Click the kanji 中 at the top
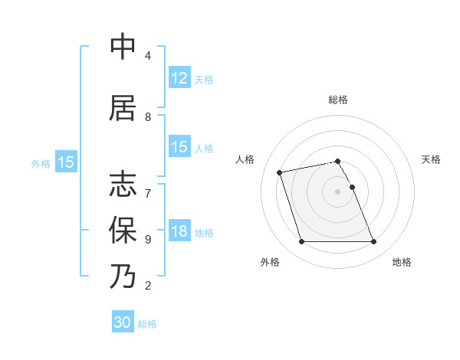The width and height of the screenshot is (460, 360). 123,47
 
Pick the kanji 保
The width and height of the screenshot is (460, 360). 123,229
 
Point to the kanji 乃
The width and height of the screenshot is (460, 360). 123,276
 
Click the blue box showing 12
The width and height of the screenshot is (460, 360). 179,78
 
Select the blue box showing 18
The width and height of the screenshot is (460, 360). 179,232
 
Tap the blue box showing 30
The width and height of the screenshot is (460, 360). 123,322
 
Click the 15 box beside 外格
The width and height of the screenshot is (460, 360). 65,162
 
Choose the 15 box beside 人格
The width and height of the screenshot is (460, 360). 179,147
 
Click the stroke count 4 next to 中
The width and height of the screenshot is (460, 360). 147,56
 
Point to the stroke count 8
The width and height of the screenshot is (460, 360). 147,117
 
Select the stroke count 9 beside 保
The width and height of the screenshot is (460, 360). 147,239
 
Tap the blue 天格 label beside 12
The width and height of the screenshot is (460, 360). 204,79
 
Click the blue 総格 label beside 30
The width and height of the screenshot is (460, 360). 147,323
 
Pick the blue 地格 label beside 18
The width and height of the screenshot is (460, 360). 204,233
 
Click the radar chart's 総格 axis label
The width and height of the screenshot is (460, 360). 337,100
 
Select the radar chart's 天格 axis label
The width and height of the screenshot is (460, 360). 432,159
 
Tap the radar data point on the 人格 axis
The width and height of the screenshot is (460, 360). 280,172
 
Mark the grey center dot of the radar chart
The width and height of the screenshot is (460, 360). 337,191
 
